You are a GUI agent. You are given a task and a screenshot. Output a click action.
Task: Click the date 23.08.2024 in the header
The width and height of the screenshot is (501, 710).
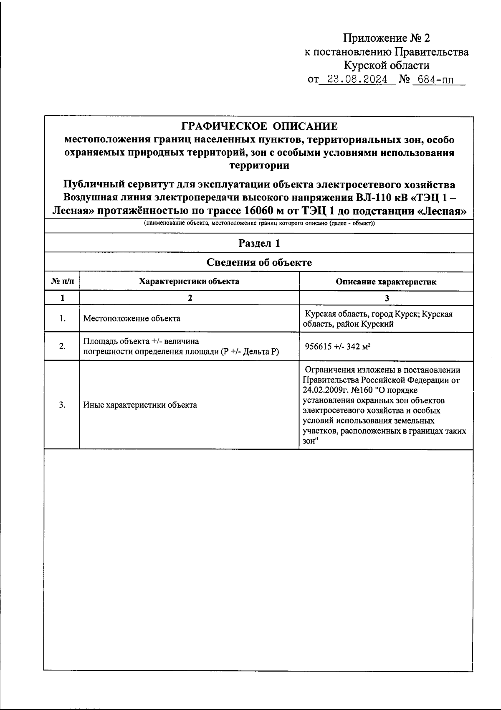point(357,79)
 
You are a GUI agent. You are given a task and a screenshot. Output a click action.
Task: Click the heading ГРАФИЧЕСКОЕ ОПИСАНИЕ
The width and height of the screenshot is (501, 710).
point(259,126)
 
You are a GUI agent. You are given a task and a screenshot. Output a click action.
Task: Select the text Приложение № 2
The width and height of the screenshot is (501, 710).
point(386,38)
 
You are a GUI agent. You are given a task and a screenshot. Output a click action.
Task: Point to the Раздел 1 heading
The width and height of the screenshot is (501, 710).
point(259,243)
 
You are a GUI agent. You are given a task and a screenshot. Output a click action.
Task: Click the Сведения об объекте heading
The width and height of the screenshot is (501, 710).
point(259,263)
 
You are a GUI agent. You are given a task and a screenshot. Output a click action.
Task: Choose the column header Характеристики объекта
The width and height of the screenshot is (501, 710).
point(189,281)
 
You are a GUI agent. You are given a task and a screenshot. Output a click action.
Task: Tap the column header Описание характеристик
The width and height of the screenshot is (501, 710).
point(386,282)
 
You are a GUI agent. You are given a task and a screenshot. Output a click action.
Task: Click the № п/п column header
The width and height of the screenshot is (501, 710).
point(62,281)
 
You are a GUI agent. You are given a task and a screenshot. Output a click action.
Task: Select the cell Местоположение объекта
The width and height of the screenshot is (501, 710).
point(132,319)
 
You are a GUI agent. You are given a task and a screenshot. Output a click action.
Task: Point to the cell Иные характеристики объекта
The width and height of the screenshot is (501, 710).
point(140,405)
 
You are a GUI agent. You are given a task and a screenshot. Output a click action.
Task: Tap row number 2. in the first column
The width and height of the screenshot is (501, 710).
point(62,346)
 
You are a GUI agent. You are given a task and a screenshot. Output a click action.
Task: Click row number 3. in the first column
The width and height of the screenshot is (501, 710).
point(62,405)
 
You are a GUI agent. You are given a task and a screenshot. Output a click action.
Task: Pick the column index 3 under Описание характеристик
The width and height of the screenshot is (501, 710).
point(386,298)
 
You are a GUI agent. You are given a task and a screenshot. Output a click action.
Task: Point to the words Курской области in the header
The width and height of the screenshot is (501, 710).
point(386,66)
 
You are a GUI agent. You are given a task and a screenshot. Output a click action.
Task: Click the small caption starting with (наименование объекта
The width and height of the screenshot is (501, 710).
point(259,224)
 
